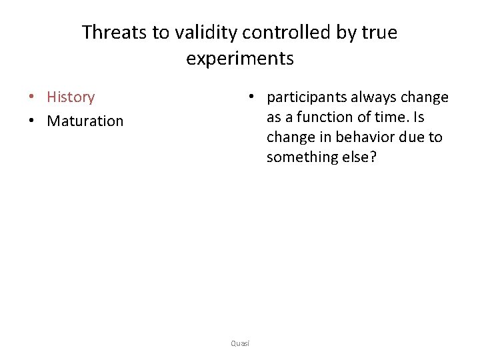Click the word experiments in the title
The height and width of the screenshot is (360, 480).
[240, 59]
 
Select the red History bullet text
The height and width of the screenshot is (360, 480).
[71, 97]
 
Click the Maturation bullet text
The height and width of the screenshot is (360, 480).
[85, 121]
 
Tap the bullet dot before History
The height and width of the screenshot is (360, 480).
[32, 97]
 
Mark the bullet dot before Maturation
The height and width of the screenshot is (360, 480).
[32, 121]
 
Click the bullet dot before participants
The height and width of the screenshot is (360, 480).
[251, 97]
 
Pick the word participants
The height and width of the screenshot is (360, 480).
[306, 98]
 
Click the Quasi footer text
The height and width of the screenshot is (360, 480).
[240, 343]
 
